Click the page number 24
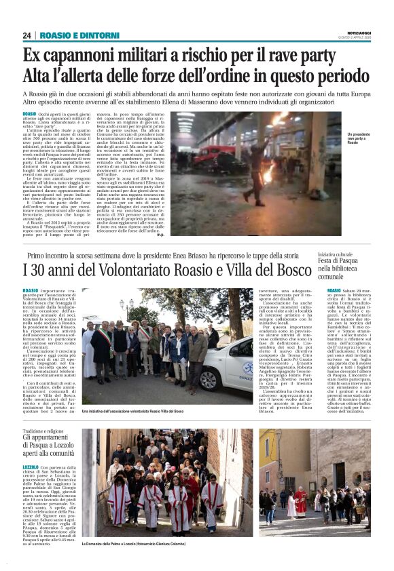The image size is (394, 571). coord(26,35)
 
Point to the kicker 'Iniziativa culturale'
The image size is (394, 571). coord(318,254)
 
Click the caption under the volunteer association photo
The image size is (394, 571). coord(132,411)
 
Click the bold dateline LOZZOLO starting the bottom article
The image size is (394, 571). coord(31,467)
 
